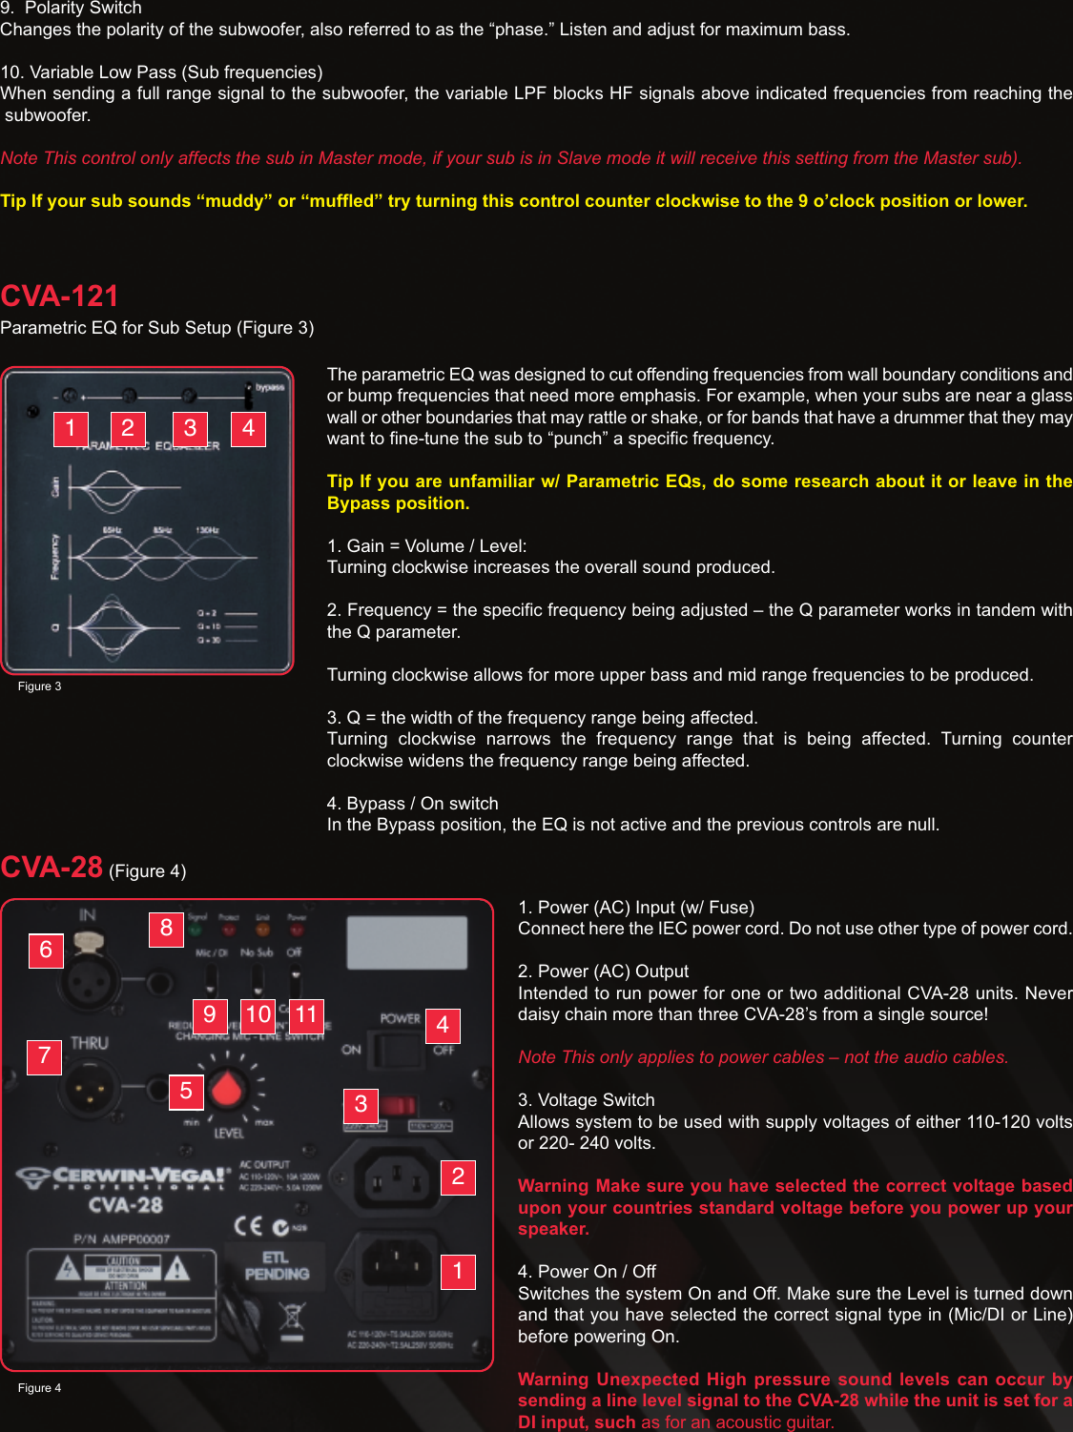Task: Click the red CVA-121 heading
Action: click(59, 297)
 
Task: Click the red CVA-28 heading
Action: click(52, 868)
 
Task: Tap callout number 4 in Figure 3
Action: click(248, 428)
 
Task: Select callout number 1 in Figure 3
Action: click(71, 428)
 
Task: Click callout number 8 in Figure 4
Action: click(166, 929)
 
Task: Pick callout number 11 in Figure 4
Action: click(306, 1014)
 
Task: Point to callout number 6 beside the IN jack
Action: click(46, 951)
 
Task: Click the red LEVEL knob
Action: click(228, 1089)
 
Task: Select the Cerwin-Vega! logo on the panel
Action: click(124, 1176)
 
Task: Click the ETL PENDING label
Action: click(277, 1266)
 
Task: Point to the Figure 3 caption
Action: click(39, 686)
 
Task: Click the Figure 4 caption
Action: click(39, 1388)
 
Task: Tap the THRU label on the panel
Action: click(89, 1043)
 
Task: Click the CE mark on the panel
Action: click(248, 1226)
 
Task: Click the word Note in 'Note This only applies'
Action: click(537, 1057)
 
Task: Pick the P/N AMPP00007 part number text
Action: click(121, 1239)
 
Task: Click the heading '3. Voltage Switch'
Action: click(587, 1100)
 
